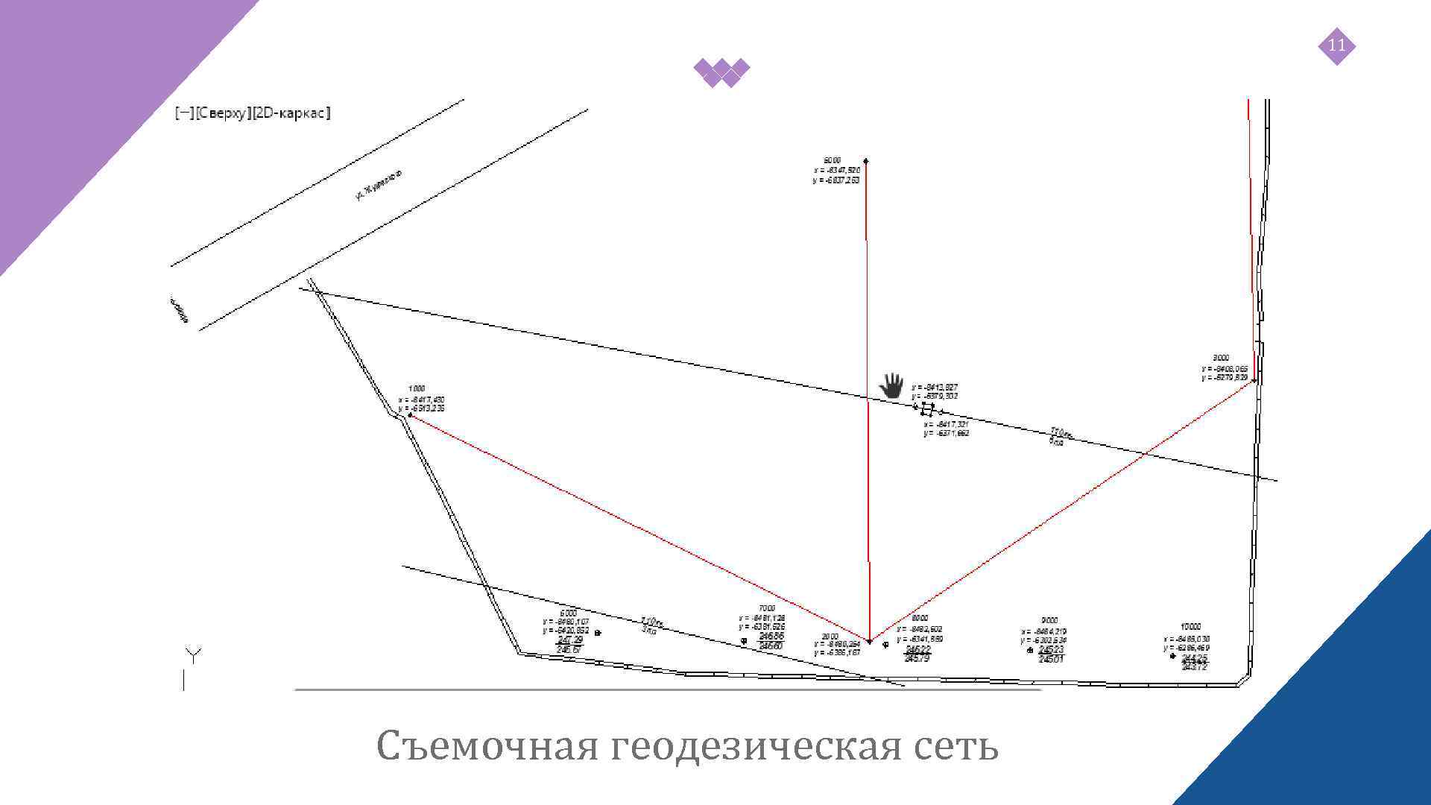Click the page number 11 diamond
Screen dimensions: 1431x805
[1336, 46]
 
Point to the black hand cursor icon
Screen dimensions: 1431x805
[891, 385]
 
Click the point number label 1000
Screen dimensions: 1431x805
[417, 388]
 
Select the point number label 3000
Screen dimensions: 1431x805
[1221, 358]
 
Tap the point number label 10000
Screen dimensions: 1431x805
[1190, 627]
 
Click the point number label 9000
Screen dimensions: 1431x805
[1049, 620]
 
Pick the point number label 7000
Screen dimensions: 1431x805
[766, 608]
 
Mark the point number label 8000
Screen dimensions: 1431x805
[920, 618]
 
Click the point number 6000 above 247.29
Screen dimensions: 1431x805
[568, 613]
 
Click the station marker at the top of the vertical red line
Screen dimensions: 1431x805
[865, 160]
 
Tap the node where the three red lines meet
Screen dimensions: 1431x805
[869, 640]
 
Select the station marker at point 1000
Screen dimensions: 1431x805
[409, 415]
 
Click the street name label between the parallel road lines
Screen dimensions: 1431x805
[378, 185]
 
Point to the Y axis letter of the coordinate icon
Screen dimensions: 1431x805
[193, 656]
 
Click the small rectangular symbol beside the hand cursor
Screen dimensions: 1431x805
[927, 408]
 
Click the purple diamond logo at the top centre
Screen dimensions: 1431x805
[721, 72]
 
